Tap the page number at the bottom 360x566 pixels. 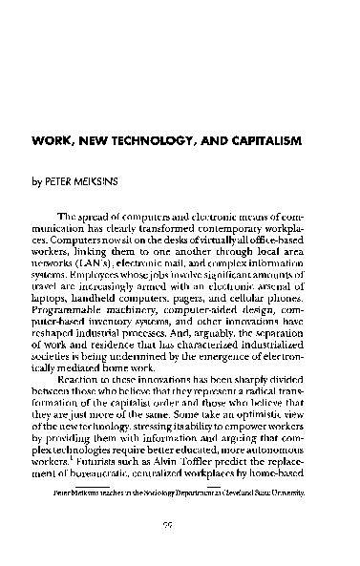[x=179, y=551]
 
